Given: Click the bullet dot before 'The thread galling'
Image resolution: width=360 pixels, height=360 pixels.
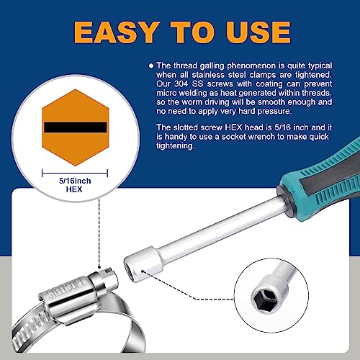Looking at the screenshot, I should (x=151, y=65).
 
